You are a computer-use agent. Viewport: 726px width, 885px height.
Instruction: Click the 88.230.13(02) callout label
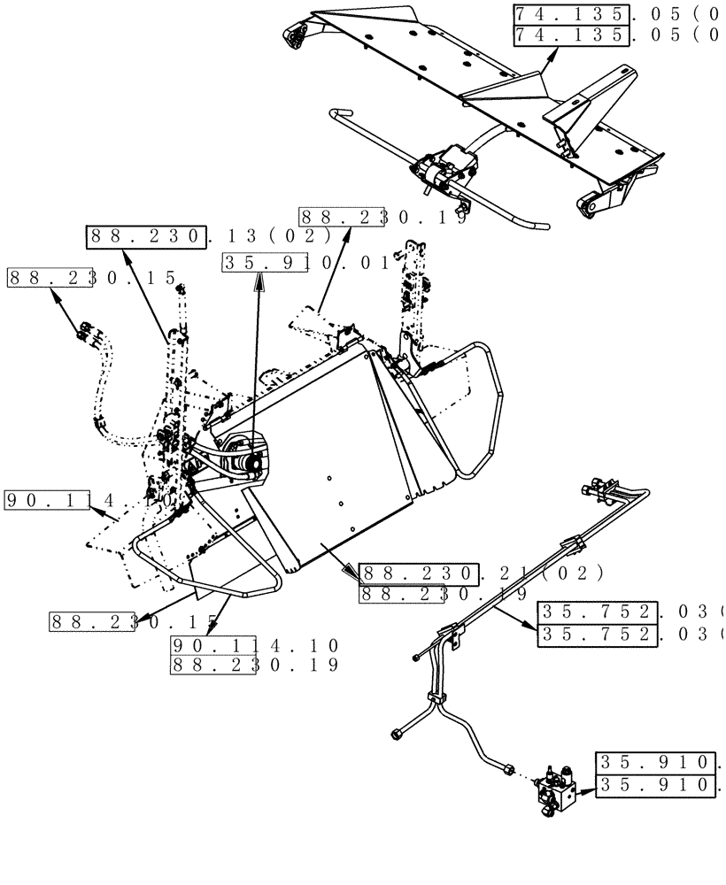click(x=208, y=237)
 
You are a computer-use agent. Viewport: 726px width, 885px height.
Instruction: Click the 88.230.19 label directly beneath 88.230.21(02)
click(x=443, y=595)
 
